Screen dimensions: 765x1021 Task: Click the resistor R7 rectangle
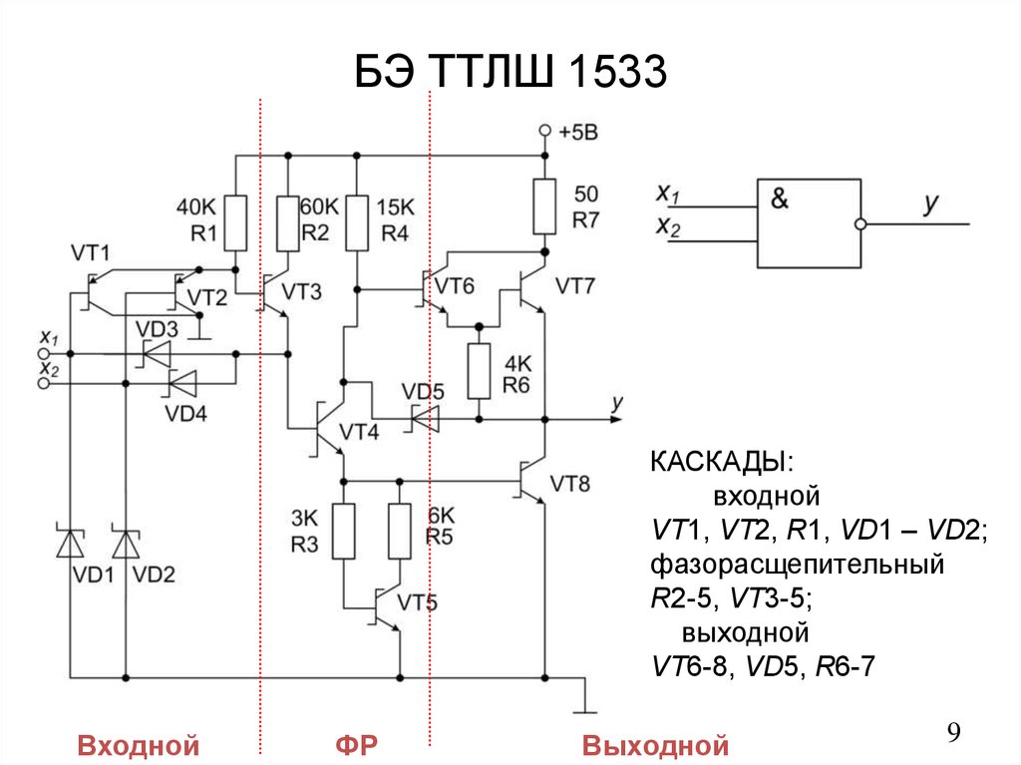point(544,205)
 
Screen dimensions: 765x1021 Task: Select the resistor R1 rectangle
point(235,222)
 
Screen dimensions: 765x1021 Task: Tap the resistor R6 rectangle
point(480,370)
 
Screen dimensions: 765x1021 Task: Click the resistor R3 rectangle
point(343,531)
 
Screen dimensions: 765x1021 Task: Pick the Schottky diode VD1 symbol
point(70,544)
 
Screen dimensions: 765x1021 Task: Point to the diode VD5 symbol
point(426,419)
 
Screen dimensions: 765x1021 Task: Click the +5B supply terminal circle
point(544,131)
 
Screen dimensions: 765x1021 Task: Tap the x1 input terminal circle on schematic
point(42,353)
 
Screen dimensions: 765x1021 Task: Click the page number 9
point(953,734)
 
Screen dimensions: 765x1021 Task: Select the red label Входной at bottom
point(139,745)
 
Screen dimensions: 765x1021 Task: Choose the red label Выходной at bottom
point(656,745)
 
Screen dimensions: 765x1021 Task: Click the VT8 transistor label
point(570,485)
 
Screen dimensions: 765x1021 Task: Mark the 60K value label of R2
point(319,206)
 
